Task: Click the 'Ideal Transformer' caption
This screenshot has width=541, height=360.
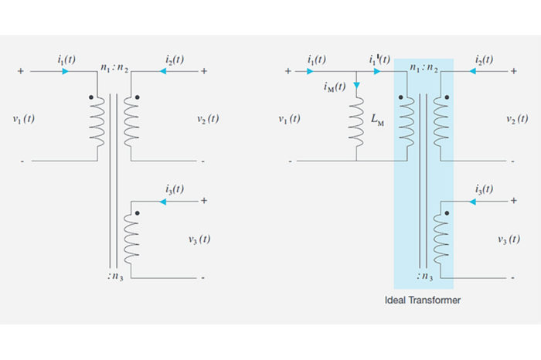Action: (x=423, y=300)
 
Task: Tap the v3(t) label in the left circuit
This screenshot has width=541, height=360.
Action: (x=199, y=239)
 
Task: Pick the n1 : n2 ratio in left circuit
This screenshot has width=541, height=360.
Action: (x=114, y=68)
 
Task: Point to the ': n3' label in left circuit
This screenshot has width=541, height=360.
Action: (x=114, y=273)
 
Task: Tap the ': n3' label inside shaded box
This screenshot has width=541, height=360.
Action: (x=423, y=273)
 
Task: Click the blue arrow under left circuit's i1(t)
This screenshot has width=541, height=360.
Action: (x=65, y=71)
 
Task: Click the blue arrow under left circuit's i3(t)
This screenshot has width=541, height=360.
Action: (x=163, y=202)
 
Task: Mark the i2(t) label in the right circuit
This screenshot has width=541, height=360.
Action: (x=485, y=59)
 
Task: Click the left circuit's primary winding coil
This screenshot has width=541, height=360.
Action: (x=97, y=124)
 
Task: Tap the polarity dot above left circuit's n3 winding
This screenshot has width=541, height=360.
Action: (x=137, y=212)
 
